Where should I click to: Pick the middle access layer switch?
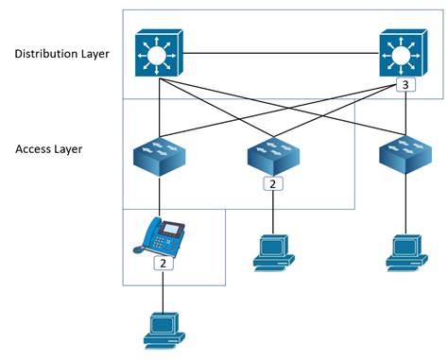tap(273, 155)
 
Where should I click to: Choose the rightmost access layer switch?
tap(404, 157)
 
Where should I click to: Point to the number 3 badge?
tap(405, 86)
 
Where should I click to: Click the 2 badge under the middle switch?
tap(273, 183)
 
